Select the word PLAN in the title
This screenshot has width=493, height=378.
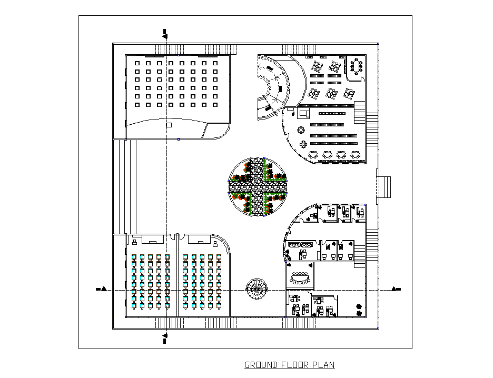323,365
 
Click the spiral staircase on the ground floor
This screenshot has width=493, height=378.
257,289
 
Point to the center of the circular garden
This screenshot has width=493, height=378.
257,187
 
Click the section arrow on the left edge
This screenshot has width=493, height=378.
102,289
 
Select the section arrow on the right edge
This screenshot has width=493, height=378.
396,289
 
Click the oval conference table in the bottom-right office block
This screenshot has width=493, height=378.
301,277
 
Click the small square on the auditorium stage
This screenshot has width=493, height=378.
169,125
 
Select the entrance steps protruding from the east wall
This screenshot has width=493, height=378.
384,186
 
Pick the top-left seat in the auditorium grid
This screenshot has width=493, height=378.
137,63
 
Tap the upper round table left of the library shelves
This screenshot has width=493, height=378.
301,130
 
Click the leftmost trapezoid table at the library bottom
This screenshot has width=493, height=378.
313,155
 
